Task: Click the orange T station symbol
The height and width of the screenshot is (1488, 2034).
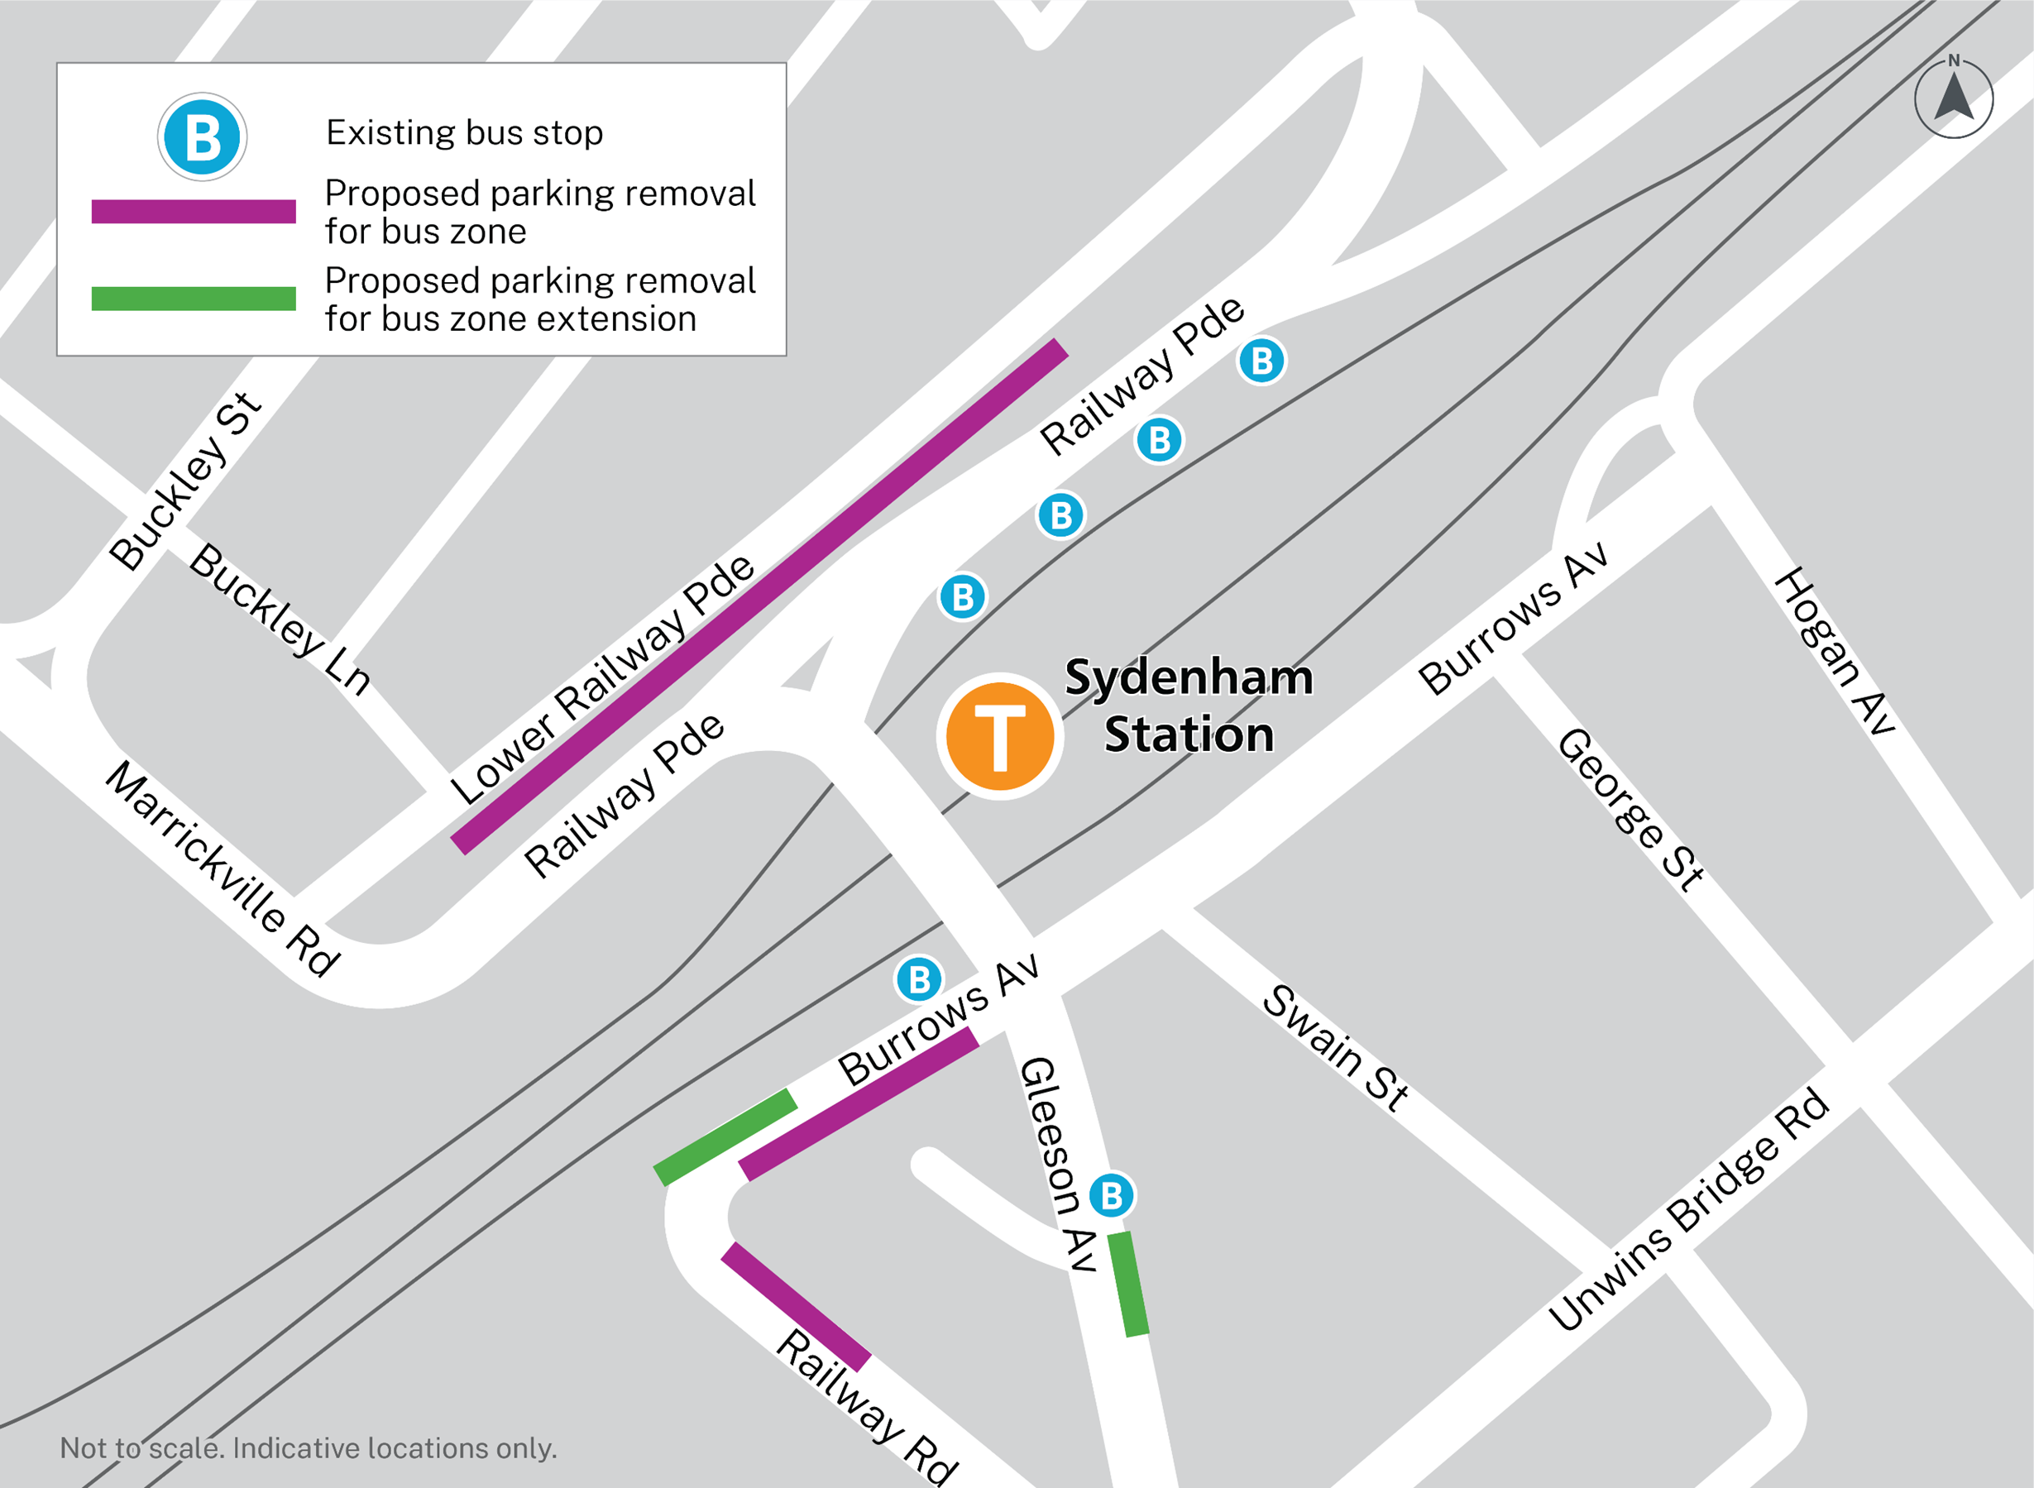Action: click(999, 736)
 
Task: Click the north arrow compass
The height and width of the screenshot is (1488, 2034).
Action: click(1953, 98)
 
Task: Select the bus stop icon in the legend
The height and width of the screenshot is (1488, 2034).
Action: click(203, 138)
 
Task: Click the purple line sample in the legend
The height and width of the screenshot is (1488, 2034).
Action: click(194, 212)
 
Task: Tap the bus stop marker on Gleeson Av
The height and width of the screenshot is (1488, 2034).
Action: click(1112, 1195)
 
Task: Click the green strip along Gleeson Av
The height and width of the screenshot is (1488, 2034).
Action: click(1127, 1285)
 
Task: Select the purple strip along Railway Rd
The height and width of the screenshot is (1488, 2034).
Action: click(796, 1307)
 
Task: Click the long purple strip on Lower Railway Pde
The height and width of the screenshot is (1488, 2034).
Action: click(759, 596)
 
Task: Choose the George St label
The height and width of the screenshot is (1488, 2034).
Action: click(1630, 809)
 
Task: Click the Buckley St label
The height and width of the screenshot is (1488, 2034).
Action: click(184, 481)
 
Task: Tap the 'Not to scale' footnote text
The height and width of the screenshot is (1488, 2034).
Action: click(308, 1448)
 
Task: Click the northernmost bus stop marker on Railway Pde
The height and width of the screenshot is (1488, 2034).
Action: click(1261, 361)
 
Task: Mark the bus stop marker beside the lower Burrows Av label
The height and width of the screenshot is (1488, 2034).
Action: click(919, 979)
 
